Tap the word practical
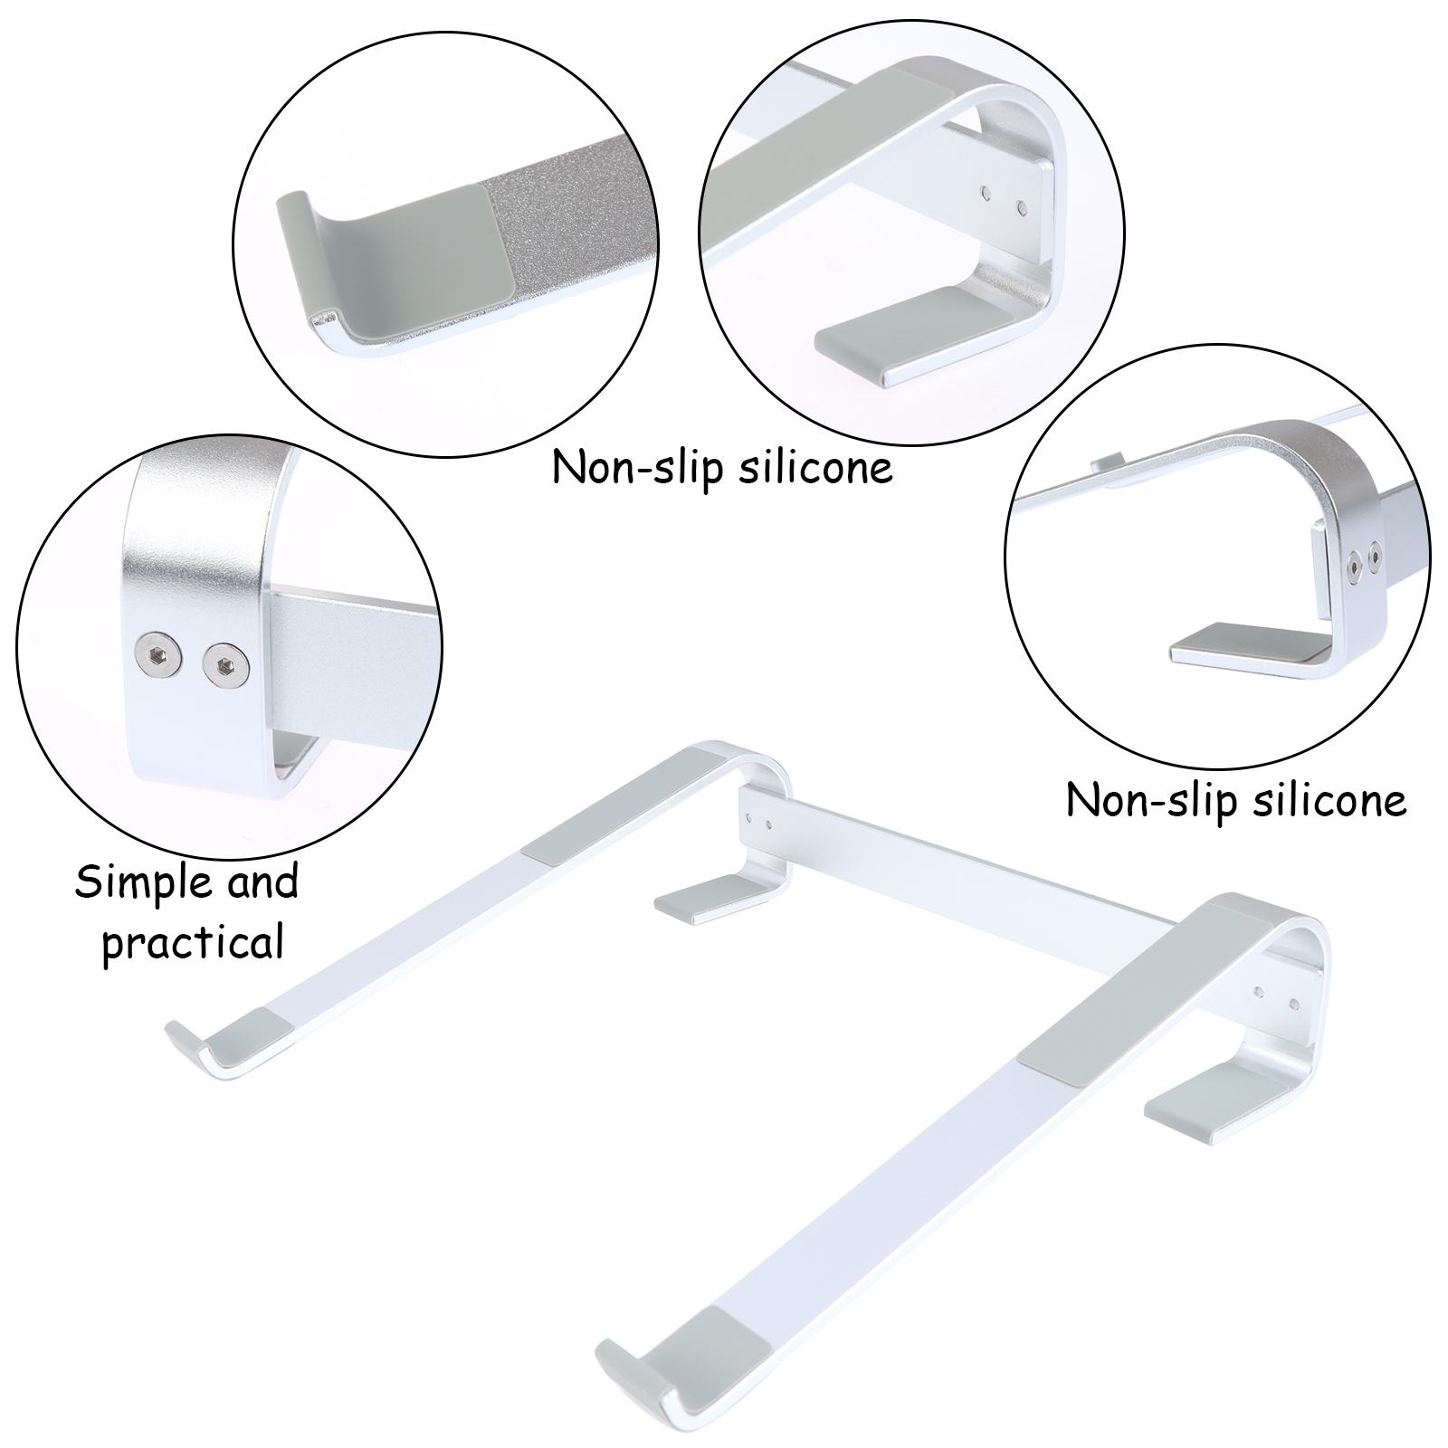(x=193, y=942)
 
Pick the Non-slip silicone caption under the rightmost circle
(x=1236, y=801)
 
